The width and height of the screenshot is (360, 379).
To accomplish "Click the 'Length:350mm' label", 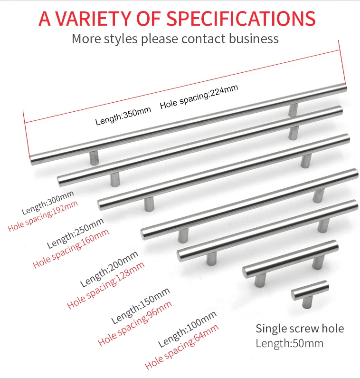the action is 123,116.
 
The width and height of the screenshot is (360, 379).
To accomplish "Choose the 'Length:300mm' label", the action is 48,202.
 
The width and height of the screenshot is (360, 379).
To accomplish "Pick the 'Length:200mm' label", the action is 109,269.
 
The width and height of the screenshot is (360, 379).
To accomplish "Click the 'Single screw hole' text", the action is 300,328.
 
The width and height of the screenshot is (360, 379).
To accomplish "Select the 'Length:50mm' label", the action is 289,343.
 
